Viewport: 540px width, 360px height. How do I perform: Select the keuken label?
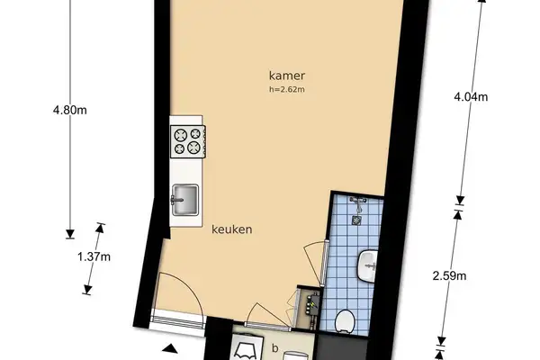coord(231,229)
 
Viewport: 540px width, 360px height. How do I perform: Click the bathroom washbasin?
coord(368,264)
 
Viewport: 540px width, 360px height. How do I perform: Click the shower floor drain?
coord(357,217)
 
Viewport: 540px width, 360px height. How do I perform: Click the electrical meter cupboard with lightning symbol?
coord(310,302)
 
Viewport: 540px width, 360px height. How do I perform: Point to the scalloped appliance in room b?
coord(244,349)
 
